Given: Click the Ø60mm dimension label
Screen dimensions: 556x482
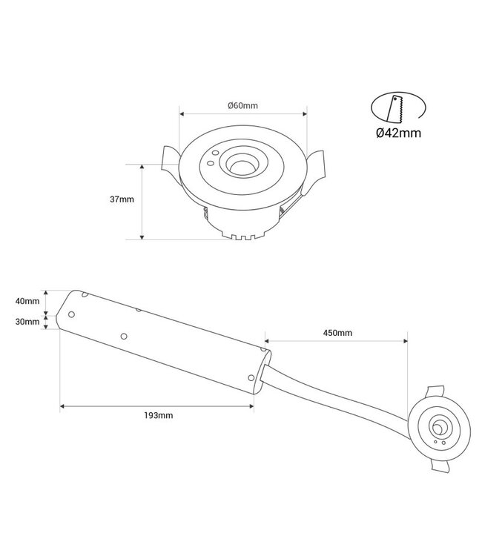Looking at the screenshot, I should click(242, 105).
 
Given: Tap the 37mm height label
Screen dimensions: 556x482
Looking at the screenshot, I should click(121, 199).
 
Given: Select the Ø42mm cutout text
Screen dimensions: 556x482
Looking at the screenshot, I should click(398, 133).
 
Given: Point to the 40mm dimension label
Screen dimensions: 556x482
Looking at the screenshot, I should click(27, 300).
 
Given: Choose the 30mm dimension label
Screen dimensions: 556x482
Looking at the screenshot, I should click(27, 322).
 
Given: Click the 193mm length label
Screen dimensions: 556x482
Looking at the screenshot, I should click(159, 415).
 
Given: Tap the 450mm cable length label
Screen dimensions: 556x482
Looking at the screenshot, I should click(337, 333).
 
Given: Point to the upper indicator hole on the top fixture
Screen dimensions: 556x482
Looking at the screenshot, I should click(214, 154).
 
